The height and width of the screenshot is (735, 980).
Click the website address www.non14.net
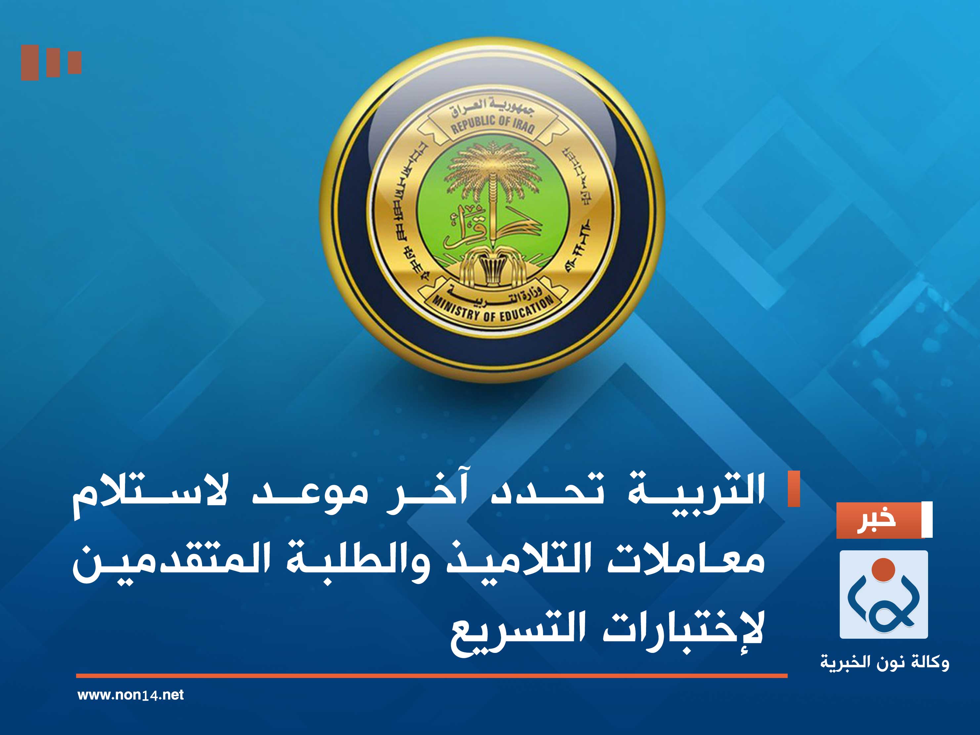point(130,695)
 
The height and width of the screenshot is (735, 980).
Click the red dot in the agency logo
point(883,569)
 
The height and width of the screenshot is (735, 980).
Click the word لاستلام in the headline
point(150,492)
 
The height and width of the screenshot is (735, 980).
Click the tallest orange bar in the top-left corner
point(30,63)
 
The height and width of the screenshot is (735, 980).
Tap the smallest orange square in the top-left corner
point(74,63)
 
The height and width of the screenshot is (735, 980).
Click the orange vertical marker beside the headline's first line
point(793,488)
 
